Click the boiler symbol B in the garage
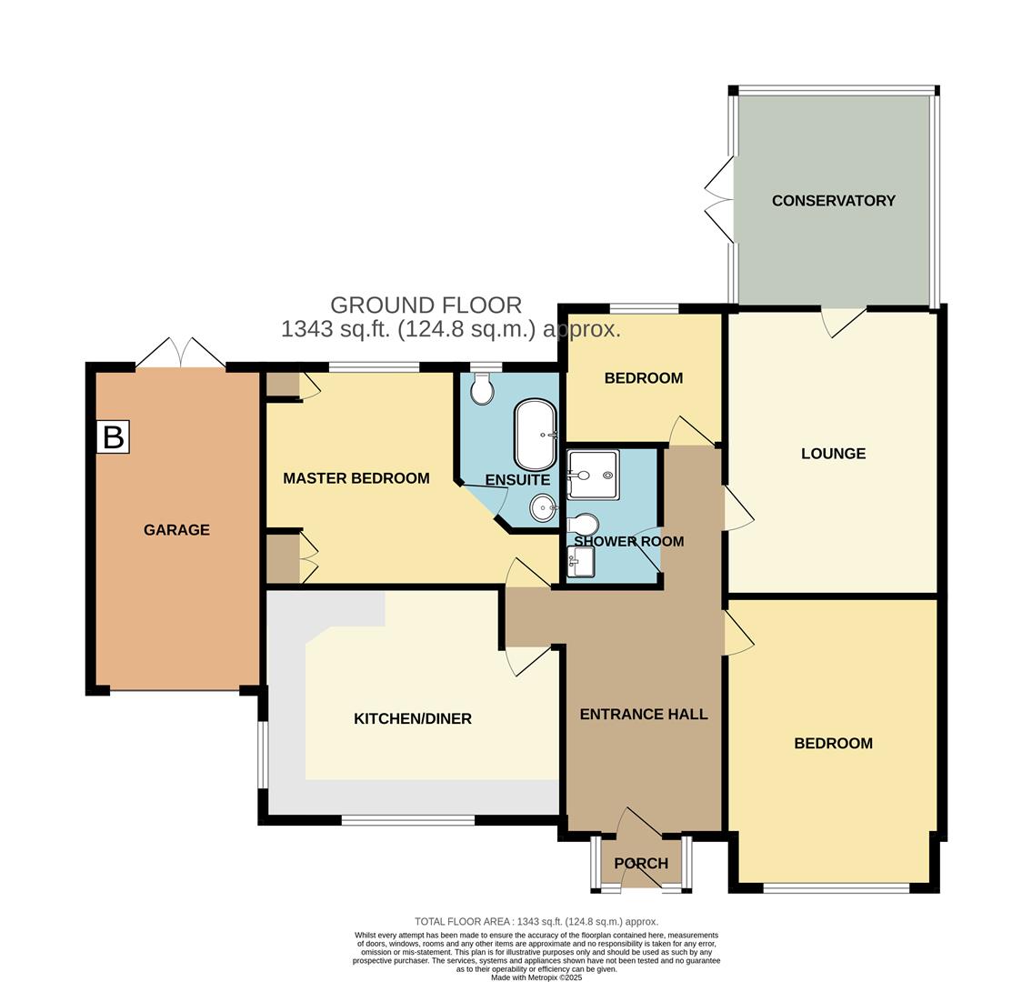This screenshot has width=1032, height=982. point(113,436)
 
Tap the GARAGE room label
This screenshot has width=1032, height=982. point(176,529)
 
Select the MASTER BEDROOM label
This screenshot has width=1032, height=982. point(356,478)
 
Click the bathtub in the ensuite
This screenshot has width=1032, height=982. point(536,435)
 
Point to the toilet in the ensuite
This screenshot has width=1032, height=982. point(482,390)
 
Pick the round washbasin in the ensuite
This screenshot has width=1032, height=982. point(544,508)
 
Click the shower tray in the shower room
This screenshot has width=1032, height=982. point(593,475)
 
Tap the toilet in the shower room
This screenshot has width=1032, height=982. point(584,526)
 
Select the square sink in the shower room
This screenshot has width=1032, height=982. point(581,561)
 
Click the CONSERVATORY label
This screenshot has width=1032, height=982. point(833,201)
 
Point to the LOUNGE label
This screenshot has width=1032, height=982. point(833,454)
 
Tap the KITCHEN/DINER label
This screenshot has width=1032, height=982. point(412,719)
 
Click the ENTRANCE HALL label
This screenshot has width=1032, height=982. point(644,715)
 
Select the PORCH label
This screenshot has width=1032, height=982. point(641,864)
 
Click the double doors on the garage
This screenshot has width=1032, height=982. point(180,353)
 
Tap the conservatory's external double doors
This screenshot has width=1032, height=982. point(719,199)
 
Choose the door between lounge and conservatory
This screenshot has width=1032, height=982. point(843,321)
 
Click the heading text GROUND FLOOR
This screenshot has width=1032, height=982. point(426,305)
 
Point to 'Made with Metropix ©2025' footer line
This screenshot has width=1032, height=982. point(536,977)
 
